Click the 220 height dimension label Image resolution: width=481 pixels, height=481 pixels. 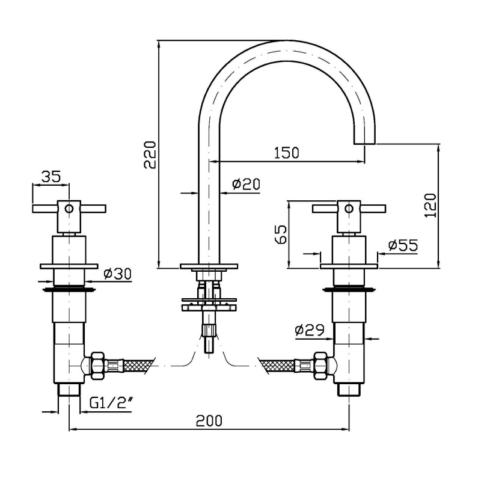pos(150,155)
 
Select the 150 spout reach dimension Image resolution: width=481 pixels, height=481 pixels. pos(286,153)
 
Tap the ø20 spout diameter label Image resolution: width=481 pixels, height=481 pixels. pos(246,184)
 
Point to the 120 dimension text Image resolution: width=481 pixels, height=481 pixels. pos(430,205)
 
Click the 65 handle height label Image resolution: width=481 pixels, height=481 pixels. pos(281,234)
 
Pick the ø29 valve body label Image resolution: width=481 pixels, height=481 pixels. pos(310,330)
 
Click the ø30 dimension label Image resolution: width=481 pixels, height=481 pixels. pos(117,274)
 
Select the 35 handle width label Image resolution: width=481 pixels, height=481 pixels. pos(51,177)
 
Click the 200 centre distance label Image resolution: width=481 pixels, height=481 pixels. pos(209,420)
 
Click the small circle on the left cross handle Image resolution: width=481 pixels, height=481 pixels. pos(69,209)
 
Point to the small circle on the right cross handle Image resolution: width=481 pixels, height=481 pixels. pos(349,209)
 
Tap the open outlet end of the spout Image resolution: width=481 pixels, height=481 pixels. pos(365,144)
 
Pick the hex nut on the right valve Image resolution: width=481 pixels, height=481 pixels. pos(320,365)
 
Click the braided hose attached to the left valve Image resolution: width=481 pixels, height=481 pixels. pos(138,365)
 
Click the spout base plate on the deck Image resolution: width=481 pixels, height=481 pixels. pos(209,266)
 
